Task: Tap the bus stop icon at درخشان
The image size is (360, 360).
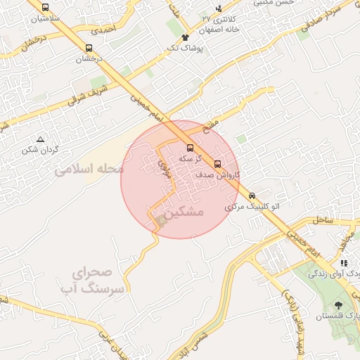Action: click(x=88, y=49)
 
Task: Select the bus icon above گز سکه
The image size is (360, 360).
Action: click(x=190, y=148)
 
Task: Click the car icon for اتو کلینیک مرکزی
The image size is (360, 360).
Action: click(x=252, y=197)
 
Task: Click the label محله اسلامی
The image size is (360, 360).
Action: click(x=89, y=169)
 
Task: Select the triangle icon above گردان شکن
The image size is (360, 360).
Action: click(x=40, y=139)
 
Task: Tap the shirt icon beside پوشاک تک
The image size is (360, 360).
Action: click(x=185, y=37)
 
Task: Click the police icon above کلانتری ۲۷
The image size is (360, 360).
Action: click(x=219, y=8)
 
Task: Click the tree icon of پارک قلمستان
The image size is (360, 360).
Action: click(x=340, y=305)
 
